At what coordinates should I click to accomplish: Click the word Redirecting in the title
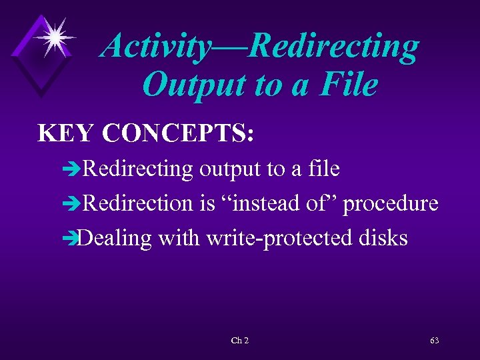coord(337,47)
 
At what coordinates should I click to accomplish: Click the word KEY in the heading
coord(67,133)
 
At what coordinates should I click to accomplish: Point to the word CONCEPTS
coord(178,133)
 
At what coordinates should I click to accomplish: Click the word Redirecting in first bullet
coord(137,169)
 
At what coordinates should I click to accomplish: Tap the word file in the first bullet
coord(324,169)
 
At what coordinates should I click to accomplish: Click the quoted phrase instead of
coord(280,203)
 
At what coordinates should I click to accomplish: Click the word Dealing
coord(114,239)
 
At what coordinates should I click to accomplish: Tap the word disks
coord(382,238)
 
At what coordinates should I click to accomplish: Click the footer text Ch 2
coord(239,341)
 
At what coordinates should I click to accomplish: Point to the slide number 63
coord(434,341)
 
